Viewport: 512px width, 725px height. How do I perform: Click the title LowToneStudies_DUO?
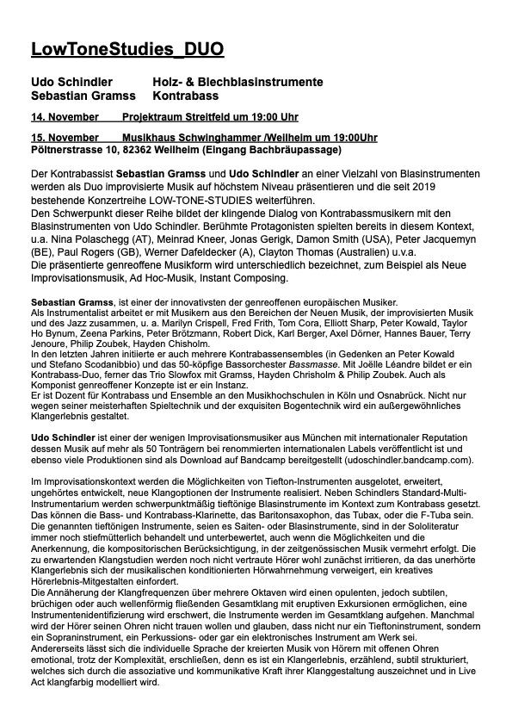click(x=127, y=50)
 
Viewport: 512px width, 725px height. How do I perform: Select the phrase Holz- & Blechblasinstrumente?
click(x=238, y=82)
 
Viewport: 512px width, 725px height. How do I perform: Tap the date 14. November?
click(x=63, y=116)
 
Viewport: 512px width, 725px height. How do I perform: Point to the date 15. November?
click(x=63, y=138)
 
